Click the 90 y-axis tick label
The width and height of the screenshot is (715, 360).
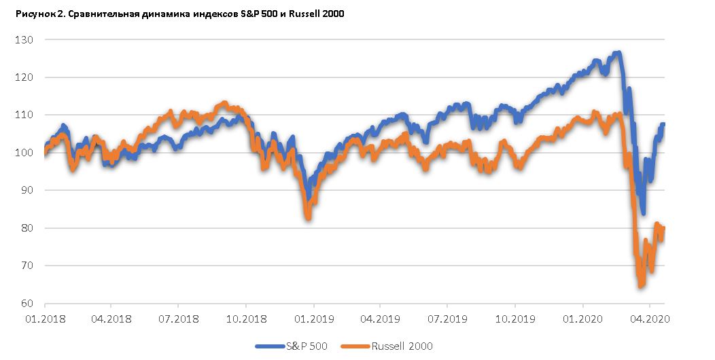[x=26, y=190]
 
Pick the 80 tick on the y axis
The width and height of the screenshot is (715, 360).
[x=26, y=228]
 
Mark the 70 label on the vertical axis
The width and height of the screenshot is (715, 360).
[x=26, y=266]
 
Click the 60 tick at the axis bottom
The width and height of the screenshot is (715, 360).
[x=26, y=304]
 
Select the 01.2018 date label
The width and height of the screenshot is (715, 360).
[x=44, y=317]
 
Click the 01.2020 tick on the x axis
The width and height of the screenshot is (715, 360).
[x=582, y=317]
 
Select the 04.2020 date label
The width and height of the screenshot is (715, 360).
[x=649, y=317]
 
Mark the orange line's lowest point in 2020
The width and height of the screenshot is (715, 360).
[x=640, y=285]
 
